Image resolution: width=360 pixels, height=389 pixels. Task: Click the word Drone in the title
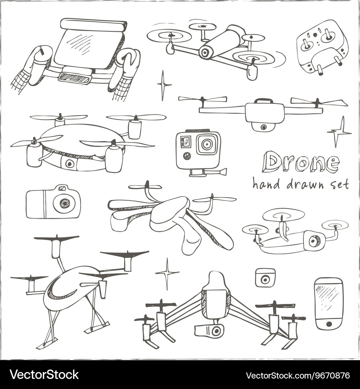(x=301, y=163)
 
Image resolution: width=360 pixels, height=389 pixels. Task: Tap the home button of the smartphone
(x=329, y=324)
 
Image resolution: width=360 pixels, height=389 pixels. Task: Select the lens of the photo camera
(x=64, y=203)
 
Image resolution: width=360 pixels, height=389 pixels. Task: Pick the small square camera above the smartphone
(x=265, y=278)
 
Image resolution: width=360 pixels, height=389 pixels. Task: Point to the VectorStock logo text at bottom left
(x=44, y=375)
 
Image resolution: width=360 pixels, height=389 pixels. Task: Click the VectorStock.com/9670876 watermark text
(x=298, y=375)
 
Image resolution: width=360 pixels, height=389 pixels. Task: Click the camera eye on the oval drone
(x=69, y=163)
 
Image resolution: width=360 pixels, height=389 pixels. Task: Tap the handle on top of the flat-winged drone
(x=264, y=101)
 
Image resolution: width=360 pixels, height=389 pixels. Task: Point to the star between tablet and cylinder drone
(x=164, y=85)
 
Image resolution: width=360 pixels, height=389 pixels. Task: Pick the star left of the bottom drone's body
(x=167, y=273)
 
